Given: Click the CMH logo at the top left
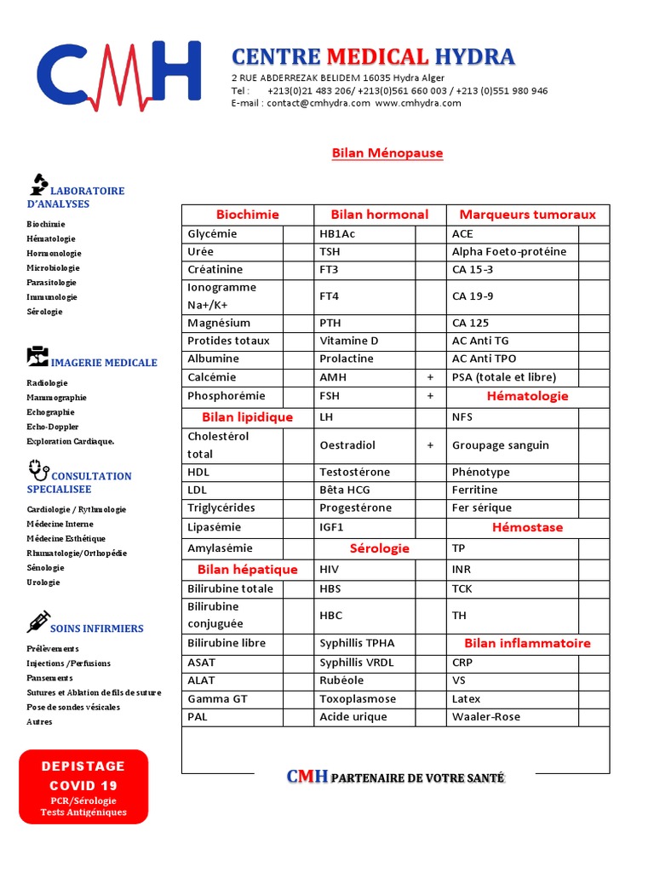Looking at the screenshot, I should pyautogui.click(x=118, y=77).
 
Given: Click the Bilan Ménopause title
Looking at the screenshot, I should pyautogui.click(x=387, y=153).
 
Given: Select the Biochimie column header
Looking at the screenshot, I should pyautogui.click(x=247, y=215).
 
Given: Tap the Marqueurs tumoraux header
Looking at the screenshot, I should pyautogui.click(x=527, y=215).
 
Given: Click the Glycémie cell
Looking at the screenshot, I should pyautogui.click(x=212, y=234).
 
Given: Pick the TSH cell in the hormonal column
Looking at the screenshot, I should pyautogui.click(x=330, y=252).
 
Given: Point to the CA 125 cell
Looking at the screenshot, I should pyautogui.click(x=470, y=323).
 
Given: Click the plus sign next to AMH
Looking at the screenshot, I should pyautogui.click(x=431, y=377).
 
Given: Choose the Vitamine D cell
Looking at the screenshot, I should pyautogui.click(x=349, y=341).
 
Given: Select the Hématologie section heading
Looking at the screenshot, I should pyautogui.click(x=527, y=396).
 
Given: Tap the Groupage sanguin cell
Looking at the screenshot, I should pyautogui.click(x=500, y=445).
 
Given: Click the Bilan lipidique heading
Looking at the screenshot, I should pyautogui.click(x=247, y=417).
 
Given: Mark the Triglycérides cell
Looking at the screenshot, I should pyautogui.click(x=221, y=508).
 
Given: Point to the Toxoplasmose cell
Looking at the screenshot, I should pyautogui.click(x=358, y=699).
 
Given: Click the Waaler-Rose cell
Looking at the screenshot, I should pyautogui.click(x=485, y=717).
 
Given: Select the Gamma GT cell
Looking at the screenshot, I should pyautogui.click(x=220, y=699).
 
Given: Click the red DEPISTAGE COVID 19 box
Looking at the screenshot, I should pyautogui.click(x=83, y=787).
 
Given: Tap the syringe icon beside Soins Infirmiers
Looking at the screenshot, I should pyautogui.click(x=37, y=622).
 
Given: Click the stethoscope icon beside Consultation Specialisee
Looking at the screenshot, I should pyautogui.click(x=38, y=468).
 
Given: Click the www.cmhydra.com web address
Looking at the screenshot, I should pyautogui.click(x=417, y=103).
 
